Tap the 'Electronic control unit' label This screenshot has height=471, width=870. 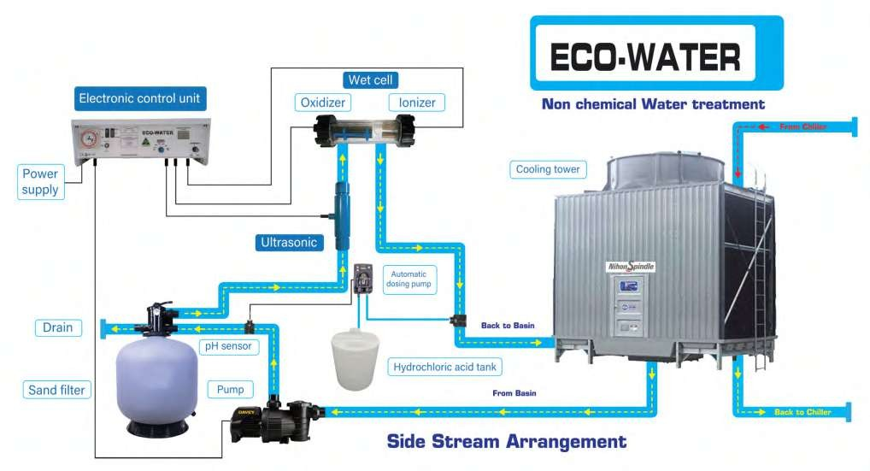pyautogui.click(x=140, y=98)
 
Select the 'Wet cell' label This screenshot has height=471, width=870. pyautogui.click(x=369, y=79)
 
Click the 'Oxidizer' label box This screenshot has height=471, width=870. pyautogui.click(x=321, y=103)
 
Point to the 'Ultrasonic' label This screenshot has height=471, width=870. pyautogui.click(x=288, y=242)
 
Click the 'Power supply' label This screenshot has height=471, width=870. pyautogui.click(x=40, y=181)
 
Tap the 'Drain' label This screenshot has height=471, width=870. pyautogui.click(x=58, y=327)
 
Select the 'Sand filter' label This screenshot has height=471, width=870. pyautogui.click(x=58, y=391)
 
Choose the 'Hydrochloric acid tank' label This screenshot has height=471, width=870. pyautogui.click(x=444, y=368)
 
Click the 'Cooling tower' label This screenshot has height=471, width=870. pyautogui.click(x=548, y=169)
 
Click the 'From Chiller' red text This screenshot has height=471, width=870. pyautogui.click(x=802, y=127)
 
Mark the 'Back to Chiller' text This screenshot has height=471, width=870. pyautogui.click(x=803, y=412)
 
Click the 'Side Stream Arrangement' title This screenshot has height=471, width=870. pyautogui.click(x=506, y=442)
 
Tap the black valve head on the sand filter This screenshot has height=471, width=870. pyautogui.click(x=161, y=317)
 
